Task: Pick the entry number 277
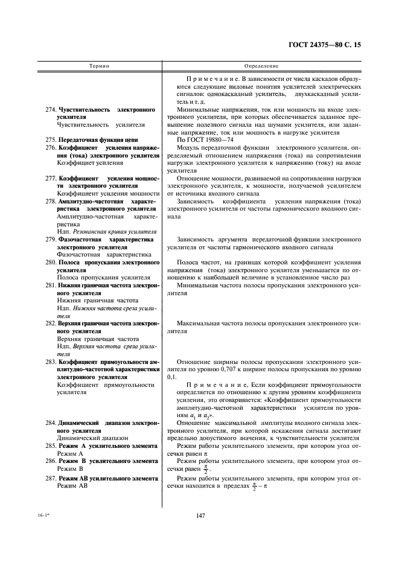coord(50,179)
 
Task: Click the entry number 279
coord(50,240)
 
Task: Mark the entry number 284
coord(50,423)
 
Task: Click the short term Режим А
coord(70,453)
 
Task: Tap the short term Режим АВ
coord(72,486)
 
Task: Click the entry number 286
coord(50,461)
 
